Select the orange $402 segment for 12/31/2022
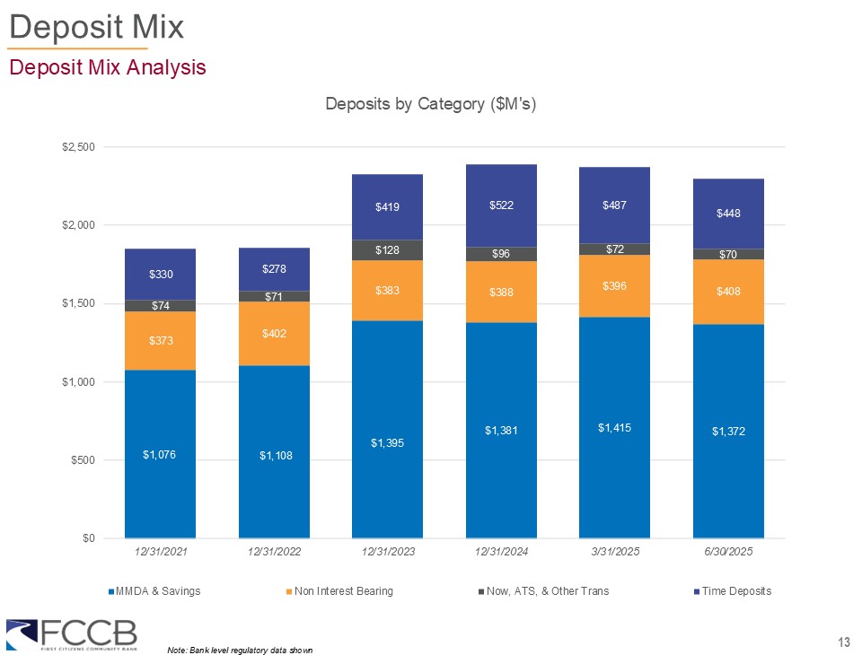274,333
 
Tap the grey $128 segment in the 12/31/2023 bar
387,249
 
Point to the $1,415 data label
614,428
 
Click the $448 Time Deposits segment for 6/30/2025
728,214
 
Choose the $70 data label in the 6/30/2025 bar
728,255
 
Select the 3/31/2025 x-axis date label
614,551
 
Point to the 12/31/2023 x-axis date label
387,551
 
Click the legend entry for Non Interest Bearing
339,591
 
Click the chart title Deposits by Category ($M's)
431,104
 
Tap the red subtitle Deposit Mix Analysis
107,67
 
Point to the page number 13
843,641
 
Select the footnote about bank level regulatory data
240,649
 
